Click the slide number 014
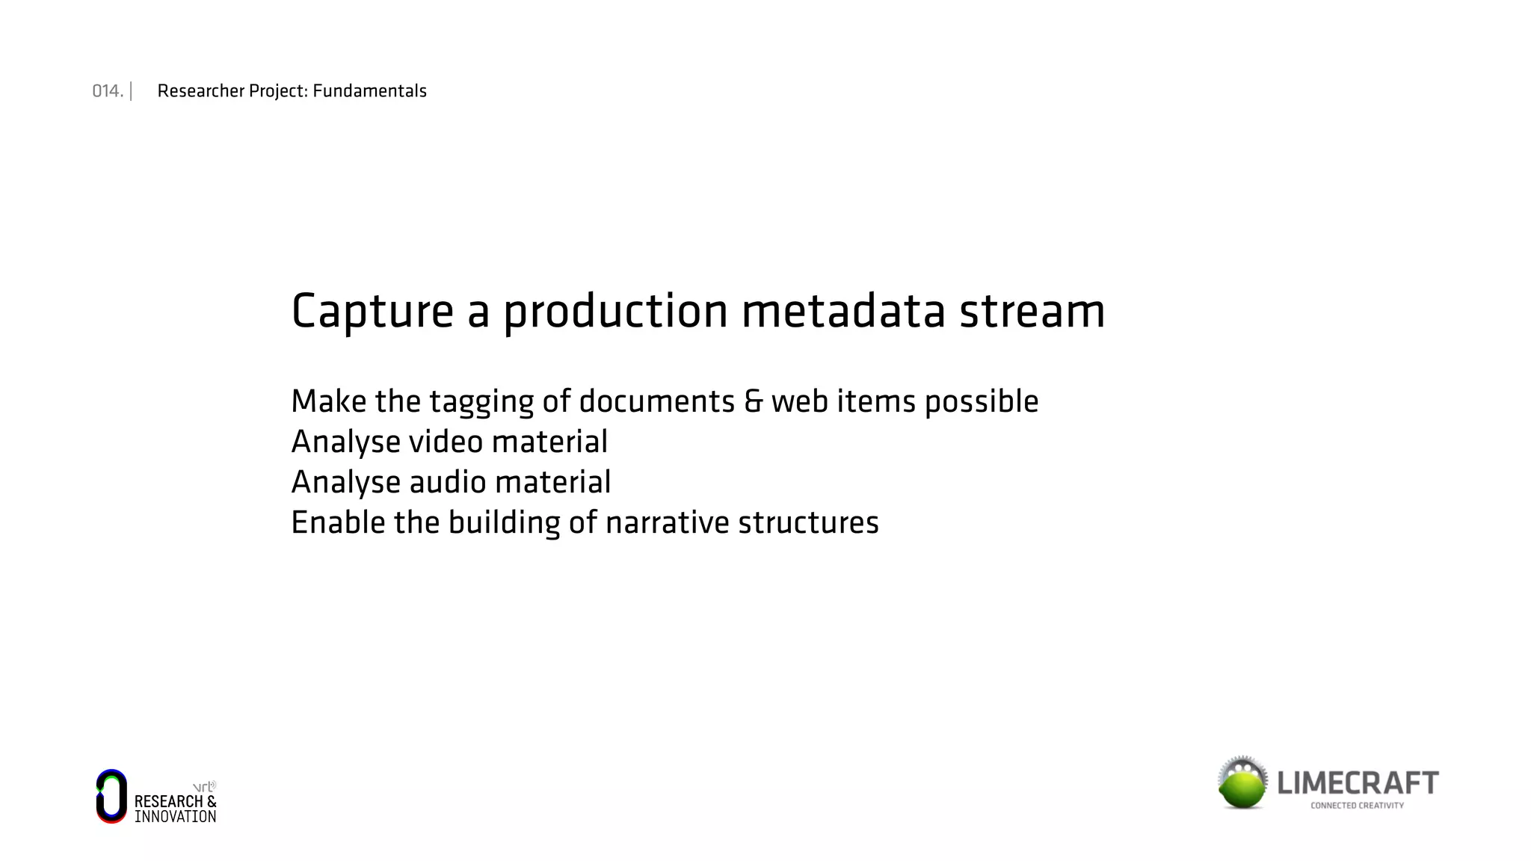tap(107, 91)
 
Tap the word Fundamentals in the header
tap(369, 91)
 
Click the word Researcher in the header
tap(201, 91)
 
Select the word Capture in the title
tap(372, 312)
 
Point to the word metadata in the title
tap(843, 312)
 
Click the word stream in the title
tap(1032, 312)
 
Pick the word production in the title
tap(615, 312)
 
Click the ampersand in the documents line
tap(753, 402)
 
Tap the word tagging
tap(481, 402)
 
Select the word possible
tap(982, 402)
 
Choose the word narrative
tap(667, 522)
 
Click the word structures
tap(808, 522)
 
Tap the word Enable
tap(337, 522)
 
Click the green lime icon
tap(1242, 784)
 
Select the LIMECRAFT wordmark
tap(1358, 783)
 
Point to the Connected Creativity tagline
tap(1357, 806)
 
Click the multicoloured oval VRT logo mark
tap(111, 796)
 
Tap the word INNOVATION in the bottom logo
tap(176, 817)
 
